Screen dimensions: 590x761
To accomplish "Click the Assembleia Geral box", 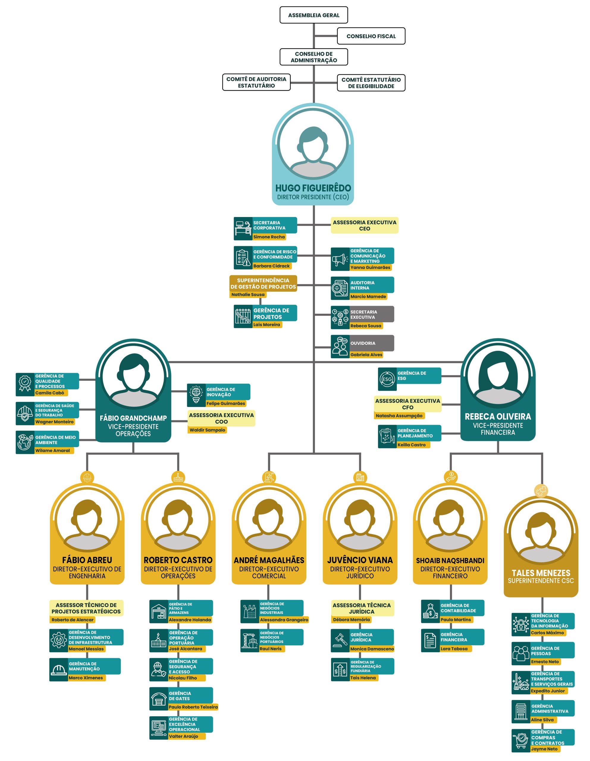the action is click(314, 15).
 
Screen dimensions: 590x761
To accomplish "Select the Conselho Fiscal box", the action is click(371, 36).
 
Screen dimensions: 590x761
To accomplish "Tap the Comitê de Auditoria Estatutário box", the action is click(257, 82).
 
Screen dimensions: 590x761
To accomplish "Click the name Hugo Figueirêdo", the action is click(313, 188).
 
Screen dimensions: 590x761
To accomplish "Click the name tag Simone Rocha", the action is click(269, 237).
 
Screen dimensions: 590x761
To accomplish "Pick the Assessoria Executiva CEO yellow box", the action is click(365, 225).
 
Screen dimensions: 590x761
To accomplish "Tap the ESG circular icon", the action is click(387, 379).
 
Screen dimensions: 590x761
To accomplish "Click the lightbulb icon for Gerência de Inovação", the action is click(196, 395).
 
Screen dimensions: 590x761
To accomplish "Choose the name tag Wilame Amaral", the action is click(53, 451).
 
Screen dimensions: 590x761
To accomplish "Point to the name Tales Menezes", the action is click(541, 573).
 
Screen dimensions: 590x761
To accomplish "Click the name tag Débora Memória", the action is click(351, 620).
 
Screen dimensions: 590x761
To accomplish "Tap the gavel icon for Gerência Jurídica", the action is click(340, 640).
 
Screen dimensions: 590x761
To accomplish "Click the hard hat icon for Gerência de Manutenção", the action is click(59, 669).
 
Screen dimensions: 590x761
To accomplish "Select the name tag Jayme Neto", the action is click(544, 749).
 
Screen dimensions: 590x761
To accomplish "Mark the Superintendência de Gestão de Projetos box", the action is click(263, 283).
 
